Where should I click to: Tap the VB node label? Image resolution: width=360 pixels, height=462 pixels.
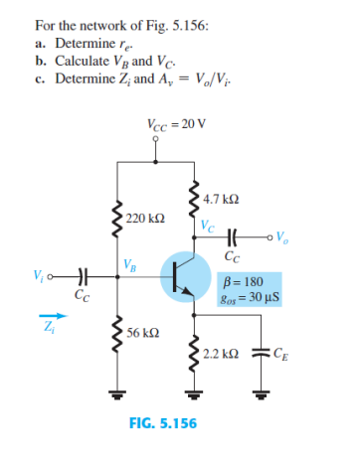(130, 263)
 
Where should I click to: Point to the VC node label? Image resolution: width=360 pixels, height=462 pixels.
(206, 225)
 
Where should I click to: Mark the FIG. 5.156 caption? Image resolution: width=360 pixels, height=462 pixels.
(163, 423)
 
